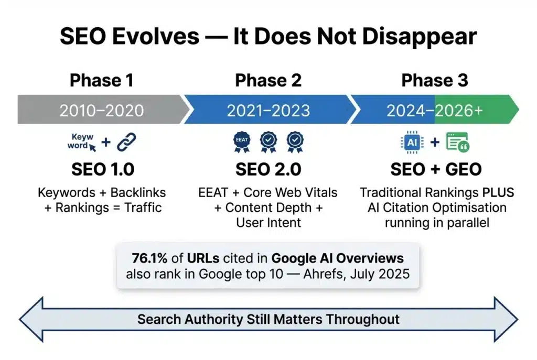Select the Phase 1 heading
click(101, 80)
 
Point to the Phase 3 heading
click(434, 80)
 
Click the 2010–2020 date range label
click(101, 110)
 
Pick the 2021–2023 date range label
click(268, 110)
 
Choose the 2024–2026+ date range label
click(435, 110)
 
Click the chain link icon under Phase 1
click(126, 141)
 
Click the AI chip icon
click(412, 141)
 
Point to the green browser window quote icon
click(457, 142)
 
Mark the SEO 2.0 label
click(268, 169)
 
